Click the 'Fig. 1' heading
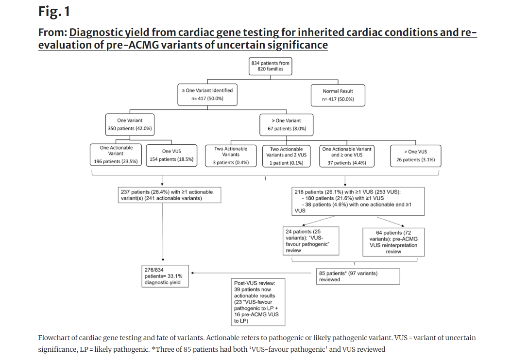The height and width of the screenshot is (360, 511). click(54, 12)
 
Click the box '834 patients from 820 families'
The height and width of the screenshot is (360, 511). click(270, 66)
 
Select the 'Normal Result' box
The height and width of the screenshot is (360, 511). click(338, 95)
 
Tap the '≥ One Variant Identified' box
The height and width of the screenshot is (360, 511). click(207, 95)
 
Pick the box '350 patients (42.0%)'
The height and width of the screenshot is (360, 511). click(130, 124)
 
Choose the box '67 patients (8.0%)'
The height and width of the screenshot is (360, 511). click(287, 124)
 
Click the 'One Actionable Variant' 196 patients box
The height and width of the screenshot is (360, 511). click(116, 155)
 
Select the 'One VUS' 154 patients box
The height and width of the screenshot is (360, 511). click(171, 155)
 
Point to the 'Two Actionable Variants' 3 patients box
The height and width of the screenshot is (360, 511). click(231, 156)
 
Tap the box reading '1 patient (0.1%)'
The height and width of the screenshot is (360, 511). click(287, 156)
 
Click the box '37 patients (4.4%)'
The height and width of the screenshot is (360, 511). click(347, 156)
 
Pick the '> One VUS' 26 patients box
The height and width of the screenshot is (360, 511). click(415, 156)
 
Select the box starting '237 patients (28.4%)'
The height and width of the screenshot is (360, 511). click(170, 195)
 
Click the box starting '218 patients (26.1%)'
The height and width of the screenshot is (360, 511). click(358, 201)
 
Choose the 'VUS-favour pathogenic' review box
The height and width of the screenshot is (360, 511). click(311, 241)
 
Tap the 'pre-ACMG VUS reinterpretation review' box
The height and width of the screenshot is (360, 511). click(393, 242)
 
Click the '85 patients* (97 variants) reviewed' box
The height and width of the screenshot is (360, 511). click(358, 276)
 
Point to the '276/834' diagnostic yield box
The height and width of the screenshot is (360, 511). click(165, 276)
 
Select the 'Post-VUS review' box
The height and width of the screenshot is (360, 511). click(258, 302)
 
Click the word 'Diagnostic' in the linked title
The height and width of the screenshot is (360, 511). click(96, 33)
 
